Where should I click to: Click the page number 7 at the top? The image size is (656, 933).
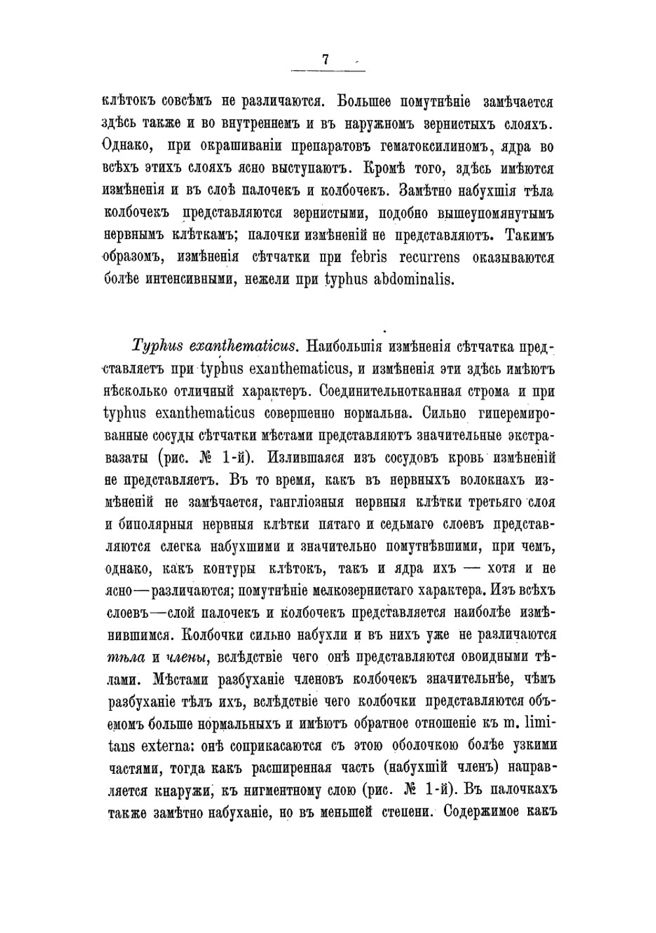[x=325, y=59]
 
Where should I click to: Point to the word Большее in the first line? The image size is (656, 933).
[x=366, y=102]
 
